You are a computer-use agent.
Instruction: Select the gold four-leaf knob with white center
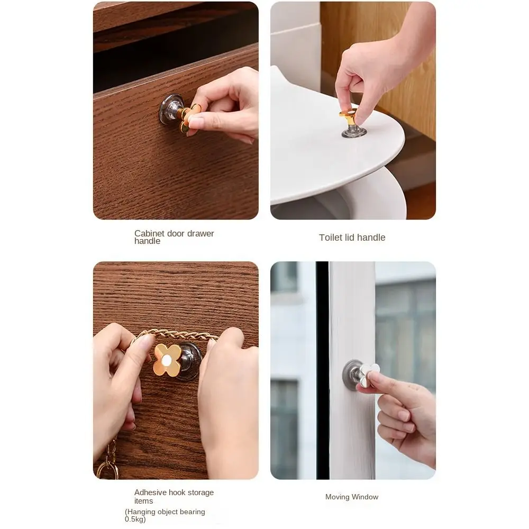pos(167,360)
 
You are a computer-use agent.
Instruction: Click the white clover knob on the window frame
pos(368,372)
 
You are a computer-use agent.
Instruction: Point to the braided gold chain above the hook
pos(175,334)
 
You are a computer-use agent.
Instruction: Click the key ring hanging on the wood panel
pos(107,468)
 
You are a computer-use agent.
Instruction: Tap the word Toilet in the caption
pos(331,238)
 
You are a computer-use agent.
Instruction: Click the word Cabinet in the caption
pos(149,233)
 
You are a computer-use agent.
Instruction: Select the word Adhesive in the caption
pos(151,492)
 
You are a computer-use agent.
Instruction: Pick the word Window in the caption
pos(366,497)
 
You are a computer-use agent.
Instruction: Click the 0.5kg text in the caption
pos(135,519)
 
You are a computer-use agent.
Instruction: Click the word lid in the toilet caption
pos(350,238)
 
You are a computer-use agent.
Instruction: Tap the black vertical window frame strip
pos(322,370)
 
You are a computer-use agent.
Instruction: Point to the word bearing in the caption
pos(192,512)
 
